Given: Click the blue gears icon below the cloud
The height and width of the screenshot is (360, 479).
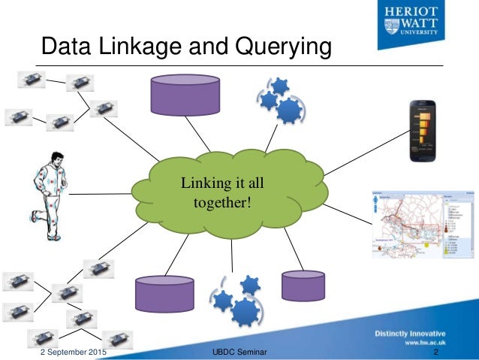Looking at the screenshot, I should pyautogui.click(x=239, y=301).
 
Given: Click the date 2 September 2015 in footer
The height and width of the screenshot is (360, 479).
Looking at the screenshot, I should pyautogui.click(x=72, y=352).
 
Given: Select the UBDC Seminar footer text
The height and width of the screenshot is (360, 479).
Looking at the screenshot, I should pyautogui.click(x=239, y=352).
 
